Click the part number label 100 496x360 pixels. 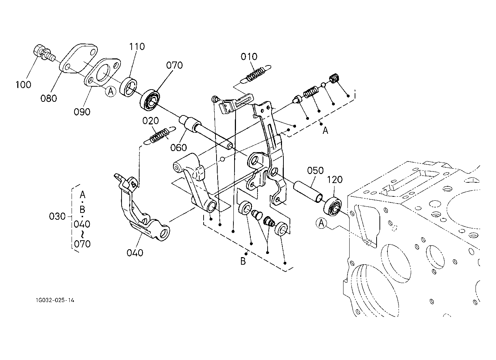[x=23, y=85]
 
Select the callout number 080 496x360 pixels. [x=49, y=98]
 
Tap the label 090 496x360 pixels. [x=82, y=112]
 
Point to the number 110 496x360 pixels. [x=137, y=46]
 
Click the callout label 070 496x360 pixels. [x=174, y=65]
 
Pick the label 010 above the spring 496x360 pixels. [x=249, y=56]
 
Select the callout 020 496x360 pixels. [x=151, y=120]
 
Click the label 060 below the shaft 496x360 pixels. [x=179, y=147]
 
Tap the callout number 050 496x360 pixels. [x=315, y=170]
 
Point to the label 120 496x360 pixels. [x=335, y=179]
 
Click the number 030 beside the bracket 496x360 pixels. [x=57, y=217]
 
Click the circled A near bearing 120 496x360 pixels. [x=321, y=224]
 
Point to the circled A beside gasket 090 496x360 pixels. [x=110, y=92]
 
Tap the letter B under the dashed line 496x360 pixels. [x=243, y=261]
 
